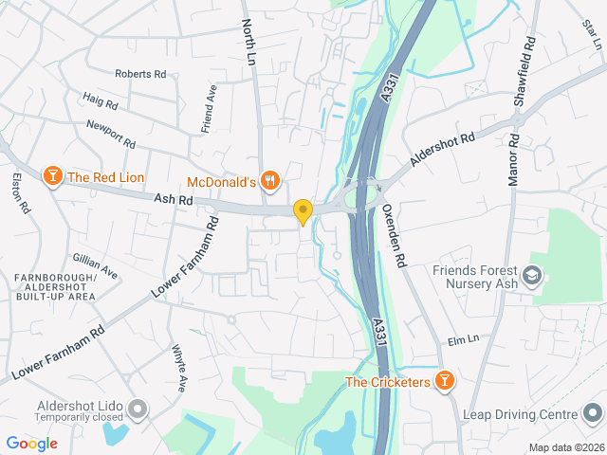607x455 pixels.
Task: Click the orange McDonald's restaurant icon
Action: click(271, 180)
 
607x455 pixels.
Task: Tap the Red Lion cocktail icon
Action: click(52, 175)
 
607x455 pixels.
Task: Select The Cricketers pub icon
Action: click(444, 381)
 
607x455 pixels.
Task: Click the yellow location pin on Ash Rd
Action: click(303, 212)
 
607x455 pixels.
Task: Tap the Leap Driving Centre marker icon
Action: click(593, 414)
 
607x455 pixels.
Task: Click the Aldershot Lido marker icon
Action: click(138, 409)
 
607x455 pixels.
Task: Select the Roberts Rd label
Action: click(140, 73)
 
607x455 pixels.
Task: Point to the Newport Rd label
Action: click(111, 133)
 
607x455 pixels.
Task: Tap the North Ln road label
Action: click(249, 41)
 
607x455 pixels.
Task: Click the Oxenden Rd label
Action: click(394, 233)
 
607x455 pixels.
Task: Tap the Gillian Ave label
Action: click(96, 266)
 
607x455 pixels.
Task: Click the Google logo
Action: click(31, 443)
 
